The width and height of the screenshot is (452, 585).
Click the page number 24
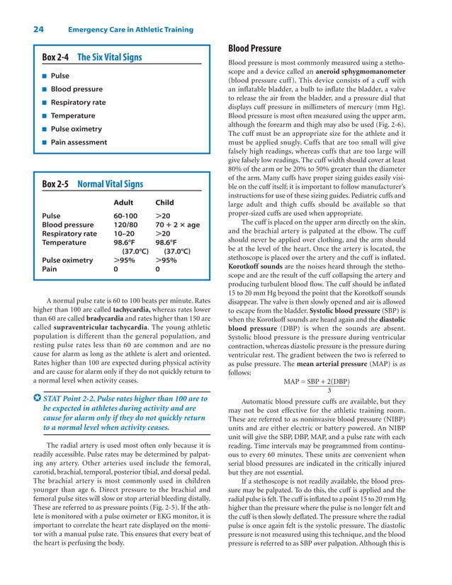(x=38, y=29)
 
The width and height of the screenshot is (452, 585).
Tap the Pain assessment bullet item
(x=79, y=142)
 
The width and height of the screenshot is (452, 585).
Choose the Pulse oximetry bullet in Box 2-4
(x=76, y=129)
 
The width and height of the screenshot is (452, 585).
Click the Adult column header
(x=123, y=201)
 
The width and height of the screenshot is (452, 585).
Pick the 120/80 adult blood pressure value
(x=125, y=225)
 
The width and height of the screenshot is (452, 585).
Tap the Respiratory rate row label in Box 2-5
(x=69, y=234)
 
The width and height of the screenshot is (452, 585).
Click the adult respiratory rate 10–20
(x=124, y=234)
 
